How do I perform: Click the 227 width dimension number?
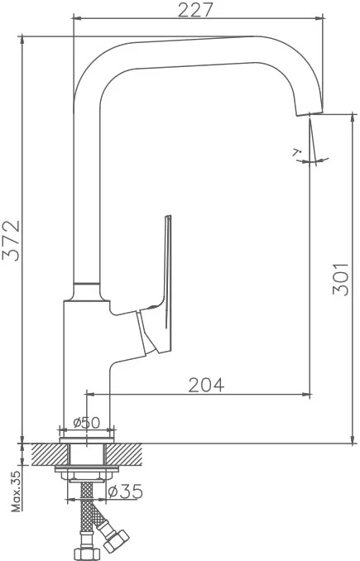point(195,10)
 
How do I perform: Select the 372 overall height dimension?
point(11,241)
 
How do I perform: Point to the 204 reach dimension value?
point(206,385)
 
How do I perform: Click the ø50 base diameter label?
point(87,423)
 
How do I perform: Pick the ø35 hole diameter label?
point(125,491)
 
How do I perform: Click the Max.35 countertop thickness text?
point(16,491)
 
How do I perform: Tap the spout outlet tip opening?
point(310,113)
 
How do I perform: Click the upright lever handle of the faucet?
point(163,286)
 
